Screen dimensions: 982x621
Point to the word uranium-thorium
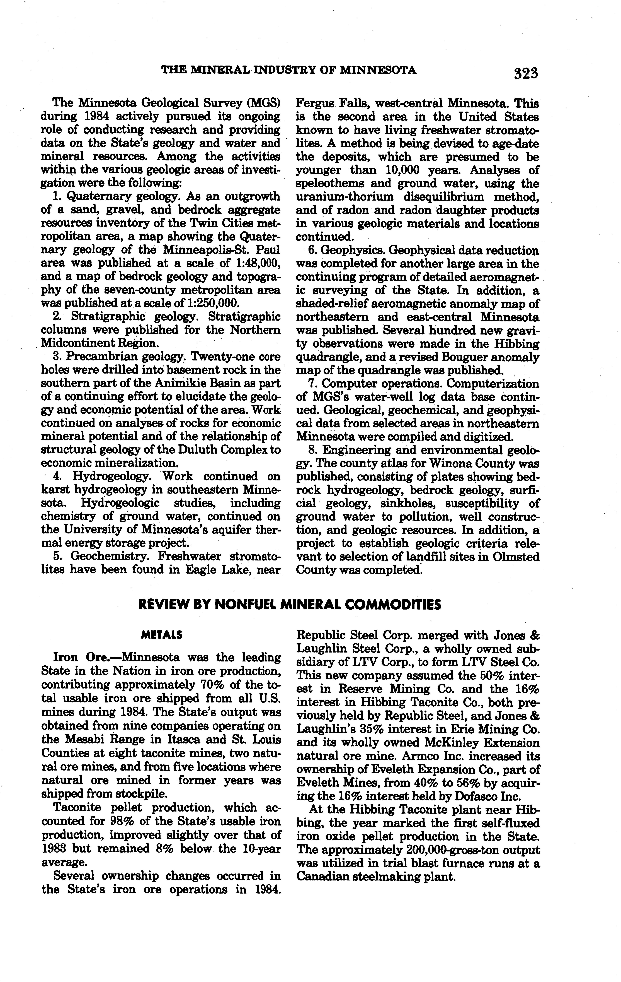(344, 197)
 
